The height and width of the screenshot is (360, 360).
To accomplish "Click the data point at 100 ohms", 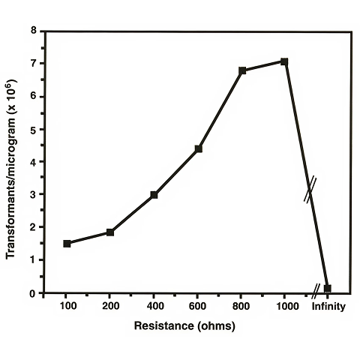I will pos(67,243).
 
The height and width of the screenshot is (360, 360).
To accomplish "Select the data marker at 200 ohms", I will pos(110,232).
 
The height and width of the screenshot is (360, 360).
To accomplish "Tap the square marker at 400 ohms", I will pos(154,195).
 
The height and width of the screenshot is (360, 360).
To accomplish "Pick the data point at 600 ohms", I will pos(198,148).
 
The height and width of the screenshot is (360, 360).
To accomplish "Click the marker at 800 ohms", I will pos(242,70).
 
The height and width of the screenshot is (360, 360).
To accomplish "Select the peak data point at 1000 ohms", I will pos(284,61).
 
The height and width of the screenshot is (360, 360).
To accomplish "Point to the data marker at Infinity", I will pos(327,288).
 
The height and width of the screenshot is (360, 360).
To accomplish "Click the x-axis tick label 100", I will pos(67,307).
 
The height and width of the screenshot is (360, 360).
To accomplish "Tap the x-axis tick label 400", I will pos(154,307).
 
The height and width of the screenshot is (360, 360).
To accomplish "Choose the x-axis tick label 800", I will pos(241,307).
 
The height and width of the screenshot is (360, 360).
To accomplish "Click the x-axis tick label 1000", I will pos(285,307).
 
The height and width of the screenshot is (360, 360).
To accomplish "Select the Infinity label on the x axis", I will pos(328,307).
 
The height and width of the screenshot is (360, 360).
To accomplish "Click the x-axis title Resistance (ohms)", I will pos(184,326).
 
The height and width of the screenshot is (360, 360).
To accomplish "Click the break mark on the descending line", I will pos(309,189).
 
